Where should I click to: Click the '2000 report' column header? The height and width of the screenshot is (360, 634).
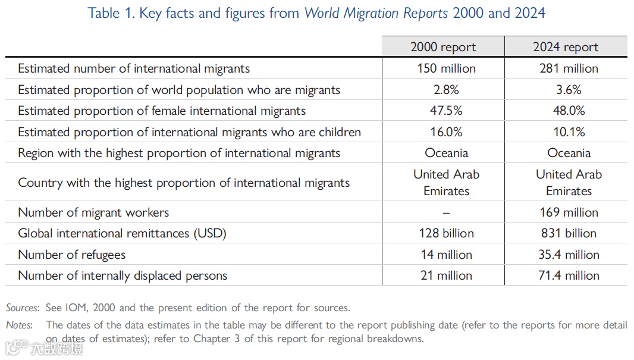(x=443, y=47)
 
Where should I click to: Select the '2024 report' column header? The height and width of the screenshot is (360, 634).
(x=566, y=47)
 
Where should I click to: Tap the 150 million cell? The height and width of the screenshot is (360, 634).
(x=446, y=68)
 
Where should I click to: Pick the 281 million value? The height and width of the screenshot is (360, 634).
(x=569, y=68)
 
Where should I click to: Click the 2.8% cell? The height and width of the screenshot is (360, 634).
(x=446, y=90)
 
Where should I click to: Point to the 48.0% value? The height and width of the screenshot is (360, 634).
(x=569, y=111)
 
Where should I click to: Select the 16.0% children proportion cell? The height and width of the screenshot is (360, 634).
(x=446, y=132)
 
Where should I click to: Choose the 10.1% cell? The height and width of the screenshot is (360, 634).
(x=569, y=132)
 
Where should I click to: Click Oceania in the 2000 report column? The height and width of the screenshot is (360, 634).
(x=446, y=153)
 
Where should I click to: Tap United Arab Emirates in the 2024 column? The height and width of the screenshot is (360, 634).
(x=569, y=182)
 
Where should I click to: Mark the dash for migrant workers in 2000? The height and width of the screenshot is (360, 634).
(x=446, y=212)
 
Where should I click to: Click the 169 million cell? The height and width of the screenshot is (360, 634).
(x=569, y=212)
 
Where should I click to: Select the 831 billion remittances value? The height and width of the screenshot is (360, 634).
(x=569, y=233)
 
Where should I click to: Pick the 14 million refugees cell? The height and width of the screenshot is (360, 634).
(x=446, y=255)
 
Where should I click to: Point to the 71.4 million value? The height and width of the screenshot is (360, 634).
(x=569, y=276)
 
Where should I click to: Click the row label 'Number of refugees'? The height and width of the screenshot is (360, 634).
(x=72, y=255)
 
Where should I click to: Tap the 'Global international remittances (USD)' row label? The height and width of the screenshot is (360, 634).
(x=122, y=233)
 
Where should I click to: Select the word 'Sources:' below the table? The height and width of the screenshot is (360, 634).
(x=23, y=308)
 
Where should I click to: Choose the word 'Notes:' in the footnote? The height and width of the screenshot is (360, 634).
(x=20, y=325)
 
